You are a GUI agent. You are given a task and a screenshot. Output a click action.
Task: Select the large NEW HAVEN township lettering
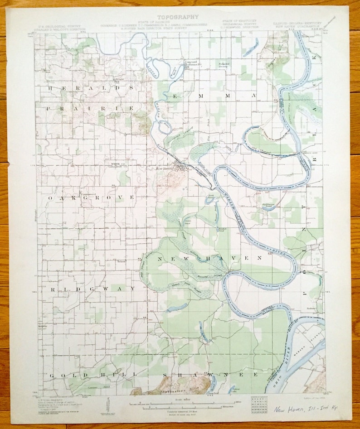[x=210, y=258]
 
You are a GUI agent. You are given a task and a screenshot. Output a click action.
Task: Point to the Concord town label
[x=189, y=62]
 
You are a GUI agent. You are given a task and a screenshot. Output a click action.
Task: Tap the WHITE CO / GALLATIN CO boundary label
[x=117, y=165]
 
